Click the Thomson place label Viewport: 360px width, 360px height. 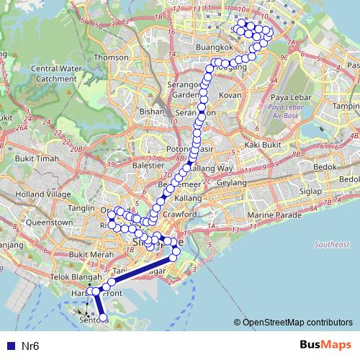[112, 57]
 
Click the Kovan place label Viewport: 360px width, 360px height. [230, 94]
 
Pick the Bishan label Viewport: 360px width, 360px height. [152, 112]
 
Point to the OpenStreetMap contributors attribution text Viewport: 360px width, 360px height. [296, 323]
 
